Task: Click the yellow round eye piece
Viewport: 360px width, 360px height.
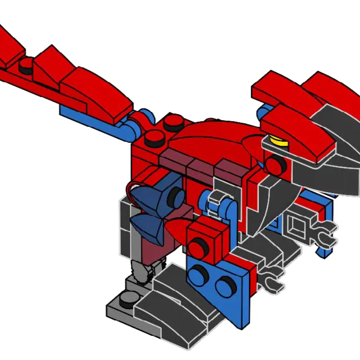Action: coord(276,141)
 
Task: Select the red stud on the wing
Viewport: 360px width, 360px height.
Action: coord(27,65)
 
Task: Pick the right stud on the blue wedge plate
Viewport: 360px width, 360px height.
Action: coord(225,285)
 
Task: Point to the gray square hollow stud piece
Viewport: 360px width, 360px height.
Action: coord(297,224)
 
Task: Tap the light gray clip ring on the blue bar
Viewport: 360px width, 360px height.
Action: coord(216,201)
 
